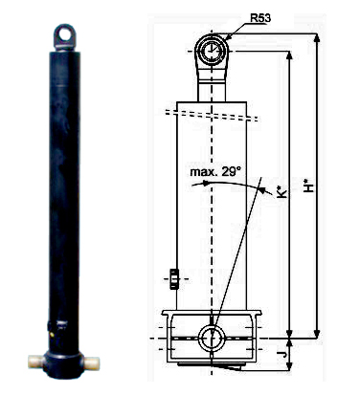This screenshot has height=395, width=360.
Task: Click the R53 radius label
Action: pyautogui.click(x=260, y=18)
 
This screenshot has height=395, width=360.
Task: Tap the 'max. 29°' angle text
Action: pyautogui.click(x=214, y=172)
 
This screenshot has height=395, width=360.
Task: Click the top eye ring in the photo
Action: pyautogui.click(x=65, y=35)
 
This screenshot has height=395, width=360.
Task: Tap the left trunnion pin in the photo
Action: pyautogui.click(x=36, y=362)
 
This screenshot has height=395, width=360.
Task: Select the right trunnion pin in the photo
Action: pyautogui.click(x=91, y=362)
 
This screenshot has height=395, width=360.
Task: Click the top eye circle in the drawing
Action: pyautogui.click(x=212, y=51)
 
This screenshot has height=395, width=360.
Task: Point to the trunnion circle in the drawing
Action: pyautogui.click(x=212, y=338)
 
